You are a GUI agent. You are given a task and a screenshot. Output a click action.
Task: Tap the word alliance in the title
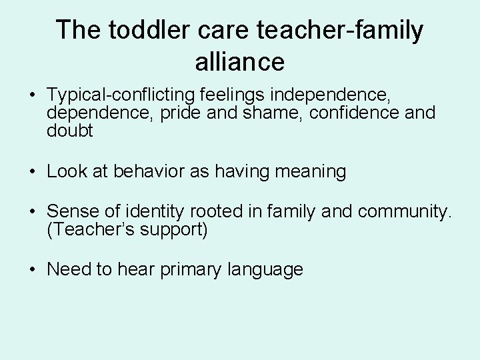tap(240, 62)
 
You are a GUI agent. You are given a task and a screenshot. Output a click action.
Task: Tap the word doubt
tap(70, 131)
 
